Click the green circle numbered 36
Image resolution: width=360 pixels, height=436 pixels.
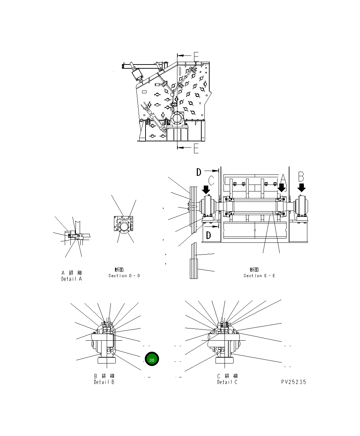tap(151, 360)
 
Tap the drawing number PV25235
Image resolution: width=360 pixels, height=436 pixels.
tap(293, 382)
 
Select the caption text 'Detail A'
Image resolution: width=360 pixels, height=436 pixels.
tap(72, 279)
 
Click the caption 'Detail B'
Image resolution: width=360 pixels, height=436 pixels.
tap(104, 382)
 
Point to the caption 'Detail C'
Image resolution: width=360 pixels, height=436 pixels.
tap(227, 382)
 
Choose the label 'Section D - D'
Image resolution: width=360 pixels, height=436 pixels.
tap(124, 275)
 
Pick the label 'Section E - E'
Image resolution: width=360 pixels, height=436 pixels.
tap(259, 275)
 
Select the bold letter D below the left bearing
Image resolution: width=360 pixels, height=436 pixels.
tap(209, 236)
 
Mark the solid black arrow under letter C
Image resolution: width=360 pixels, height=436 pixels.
tap(206, 189)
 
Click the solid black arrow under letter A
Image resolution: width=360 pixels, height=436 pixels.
tap(282, 188)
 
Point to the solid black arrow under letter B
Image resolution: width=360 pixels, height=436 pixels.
tap(302, 188)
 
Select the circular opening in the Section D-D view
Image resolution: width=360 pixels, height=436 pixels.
tap(124, 227)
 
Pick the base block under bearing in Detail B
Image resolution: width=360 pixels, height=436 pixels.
tap(107, 360)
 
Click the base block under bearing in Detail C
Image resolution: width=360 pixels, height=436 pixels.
tap(225, 360)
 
